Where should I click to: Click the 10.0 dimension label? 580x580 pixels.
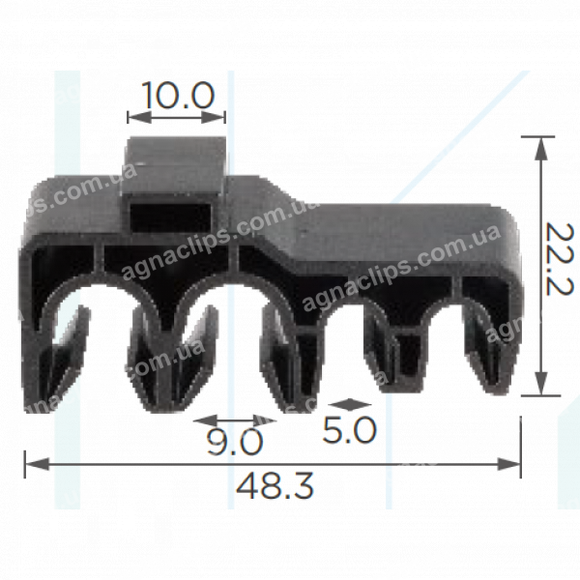[x=178, y=96]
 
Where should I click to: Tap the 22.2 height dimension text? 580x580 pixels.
[x=560, y=259]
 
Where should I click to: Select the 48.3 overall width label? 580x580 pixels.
[x=275, y=485]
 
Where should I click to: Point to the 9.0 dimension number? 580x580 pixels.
[x=235, y=442]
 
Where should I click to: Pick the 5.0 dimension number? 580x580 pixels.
[x=349, y=429]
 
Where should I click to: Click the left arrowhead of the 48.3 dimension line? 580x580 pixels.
[x=37, y=464]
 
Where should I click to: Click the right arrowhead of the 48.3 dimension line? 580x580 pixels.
[x=509, y=464]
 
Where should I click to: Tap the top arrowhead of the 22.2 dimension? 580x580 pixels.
[x=541, y=149]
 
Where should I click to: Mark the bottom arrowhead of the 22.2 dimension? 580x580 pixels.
[x=541, y=383]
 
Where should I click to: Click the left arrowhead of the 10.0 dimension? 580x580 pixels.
[x=139, y=118]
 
